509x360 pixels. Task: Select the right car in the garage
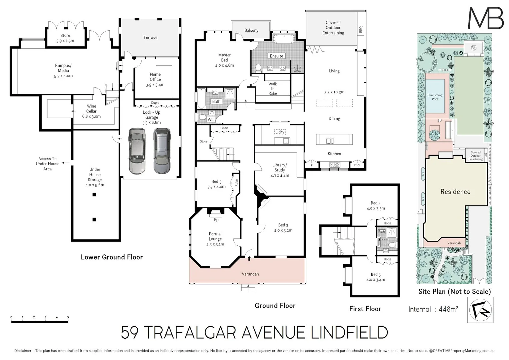click(x=162, y=151)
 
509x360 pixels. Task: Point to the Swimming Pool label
click(x=435, y=97)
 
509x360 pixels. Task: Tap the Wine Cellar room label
click(x=91, y=111)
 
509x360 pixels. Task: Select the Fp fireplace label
click(x=216, y=220)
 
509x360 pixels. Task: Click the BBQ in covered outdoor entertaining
click(x=360, y=29)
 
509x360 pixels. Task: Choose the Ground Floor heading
click(x=275, y=305)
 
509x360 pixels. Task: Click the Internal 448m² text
click(x=433, y=309)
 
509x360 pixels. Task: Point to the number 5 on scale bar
click(x=68, y=317)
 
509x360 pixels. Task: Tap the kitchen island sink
click(x=330, y=141)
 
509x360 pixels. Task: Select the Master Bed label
click(x=224, y=57)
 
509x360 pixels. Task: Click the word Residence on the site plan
click(x=455, y=192)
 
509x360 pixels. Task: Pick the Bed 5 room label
click(x=376, y=277)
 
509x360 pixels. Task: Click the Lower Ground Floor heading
click(x=112, y=257)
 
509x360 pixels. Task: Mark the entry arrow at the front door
click(x=249, y=257)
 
